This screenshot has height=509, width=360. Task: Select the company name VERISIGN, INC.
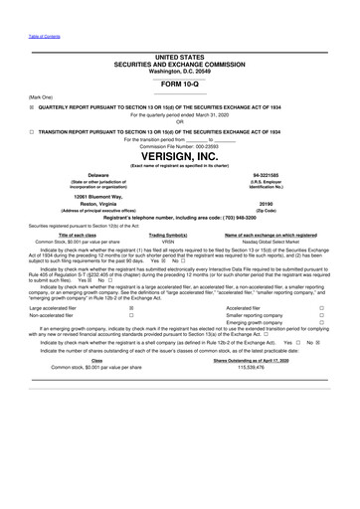(x=179, y=157)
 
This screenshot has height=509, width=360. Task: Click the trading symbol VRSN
(x=168, y=241)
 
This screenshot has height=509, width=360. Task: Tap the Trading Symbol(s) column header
(x=169, y=235)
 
